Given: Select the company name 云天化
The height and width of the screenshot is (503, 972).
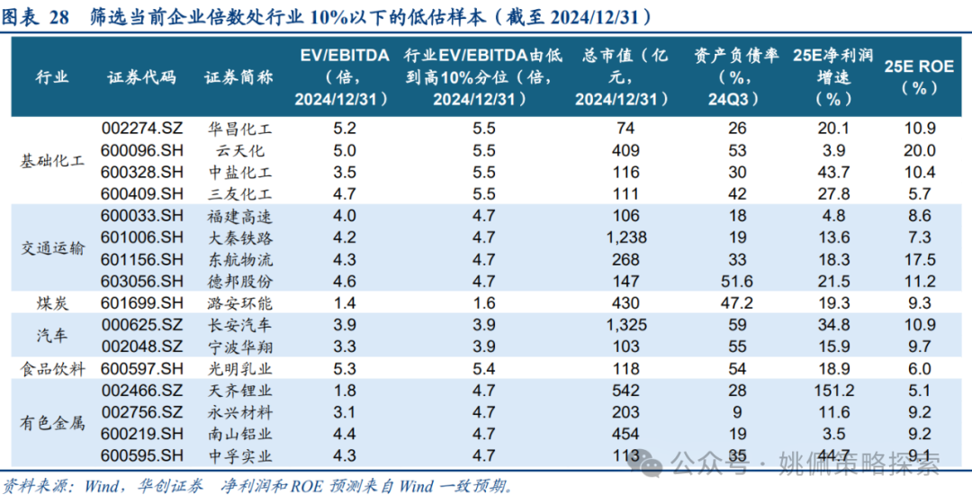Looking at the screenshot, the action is coord(239,150).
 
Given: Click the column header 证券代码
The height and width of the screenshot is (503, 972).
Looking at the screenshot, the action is coord(141,77).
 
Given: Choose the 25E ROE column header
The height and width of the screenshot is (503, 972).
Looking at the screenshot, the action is coord(919,76).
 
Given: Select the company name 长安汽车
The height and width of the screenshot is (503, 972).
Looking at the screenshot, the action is coord(239,325).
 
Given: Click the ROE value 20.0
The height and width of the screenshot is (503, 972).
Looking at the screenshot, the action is coord(919,150).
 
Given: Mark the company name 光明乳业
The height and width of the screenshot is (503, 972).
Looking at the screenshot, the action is coord(239,369).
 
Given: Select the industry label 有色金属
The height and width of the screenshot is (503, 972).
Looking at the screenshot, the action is coord(52,424).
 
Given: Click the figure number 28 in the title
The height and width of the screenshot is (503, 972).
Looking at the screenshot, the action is coord(58,18).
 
